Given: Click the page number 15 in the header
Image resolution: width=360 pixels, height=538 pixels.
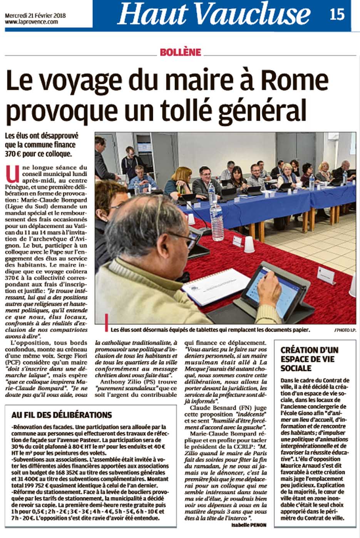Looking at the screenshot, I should pyautogui.click(x=337, y=14).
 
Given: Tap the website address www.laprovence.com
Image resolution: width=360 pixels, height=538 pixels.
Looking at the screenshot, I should pyautogui.click(x=32, y=22).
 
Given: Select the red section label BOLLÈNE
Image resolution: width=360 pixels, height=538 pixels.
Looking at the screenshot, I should pyautogui.click(x=180, y=52).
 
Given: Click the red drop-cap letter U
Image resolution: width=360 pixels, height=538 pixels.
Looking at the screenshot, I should pyautogui.click(x=12, y=173).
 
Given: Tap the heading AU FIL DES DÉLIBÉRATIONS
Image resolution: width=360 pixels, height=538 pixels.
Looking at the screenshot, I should pyautogui.click(x=62, y=415).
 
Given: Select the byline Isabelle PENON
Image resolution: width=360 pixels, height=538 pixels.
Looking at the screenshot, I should pyautogui.click(x=249, y=525).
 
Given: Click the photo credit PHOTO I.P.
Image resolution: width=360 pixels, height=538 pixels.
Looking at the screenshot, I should pyautogui.click(x=345, y=330).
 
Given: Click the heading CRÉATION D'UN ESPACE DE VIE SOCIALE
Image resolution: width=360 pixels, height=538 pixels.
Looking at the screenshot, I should pyautogui.click(x=309, y=359).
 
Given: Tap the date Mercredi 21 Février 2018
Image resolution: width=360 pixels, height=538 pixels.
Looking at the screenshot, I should pyautogui.click(x=35, y=16).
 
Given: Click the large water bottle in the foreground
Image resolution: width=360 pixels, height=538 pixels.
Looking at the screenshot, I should pyautogui.click(x=216, y=214).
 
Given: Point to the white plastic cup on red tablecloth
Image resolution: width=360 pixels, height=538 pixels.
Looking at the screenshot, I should pyautogui.click(x=249, y=244).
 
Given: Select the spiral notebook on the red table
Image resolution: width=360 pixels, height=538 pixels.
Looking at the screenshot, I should pyautogui.click(x=216, y=285).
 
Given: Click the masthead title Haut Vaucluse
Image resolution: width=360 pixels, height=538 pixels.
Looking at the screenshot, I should pyautogui.click(x=214, y=15).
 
